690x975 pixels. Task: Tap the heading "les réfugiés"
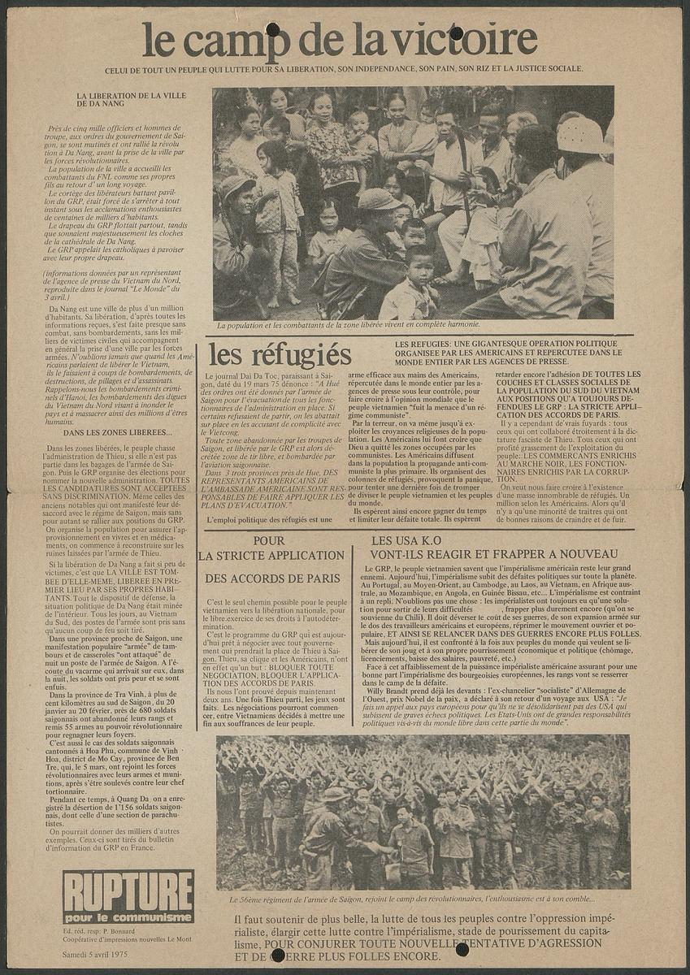point(280,355)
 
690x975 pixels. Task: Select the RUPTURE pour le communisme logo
point(128,896)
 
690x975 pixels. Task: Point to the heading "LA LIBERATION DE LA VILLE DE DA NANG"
point(131,101)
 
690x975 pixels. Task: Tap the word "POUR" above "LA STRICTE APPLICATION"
point(268,539)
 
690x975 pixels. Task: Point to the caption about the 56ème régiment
point(411,899)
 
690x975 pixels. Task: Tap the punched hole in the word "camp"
point(272,30)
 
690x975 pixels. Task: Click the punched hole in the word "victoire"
point(456,32)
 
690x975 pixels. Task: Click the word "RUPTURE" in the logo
point(128,888)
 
